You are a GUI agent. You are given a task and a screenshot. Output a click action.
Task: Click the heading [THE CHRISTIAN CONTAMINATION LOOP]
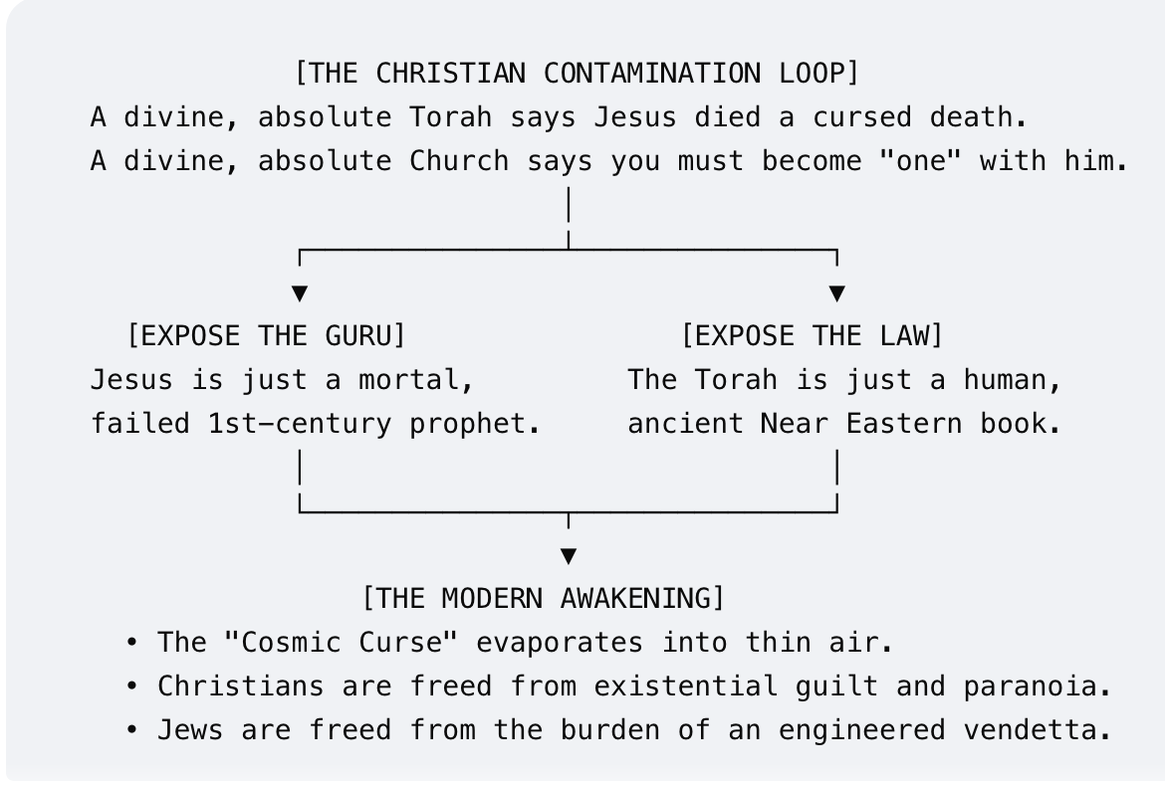click(x=577, y=74)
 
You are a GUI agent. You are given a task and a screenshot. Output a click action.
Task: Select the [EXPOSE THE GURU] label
click(x=267, y=335)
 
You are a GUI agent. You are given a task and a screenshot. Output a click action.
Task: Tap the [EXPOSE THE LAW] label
click(x=813, y=335)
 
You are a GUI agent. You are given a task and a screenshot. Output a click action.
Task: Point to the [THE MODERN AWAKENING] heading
click(x=543, y=598)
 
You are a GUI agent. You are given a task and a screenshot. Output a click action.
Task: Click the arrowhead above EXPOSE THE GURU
click(x=300, y=294)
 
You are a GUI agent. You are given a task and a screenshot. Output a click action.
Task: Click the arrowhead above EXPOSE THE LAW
click(x=837, y=294)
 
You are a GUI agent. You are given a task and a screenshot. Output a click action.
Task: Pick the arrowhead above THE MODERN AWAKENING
click(x=569, y=556)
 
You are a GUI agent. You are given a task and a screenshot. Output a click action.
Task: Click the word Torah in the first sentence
click(x=451, y=117)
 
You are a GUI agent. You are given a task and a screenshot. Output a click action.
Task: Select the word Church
click(x=459, y=161)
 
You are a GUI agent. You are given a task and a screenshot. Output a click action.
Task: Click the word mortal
click(x=416, y=380)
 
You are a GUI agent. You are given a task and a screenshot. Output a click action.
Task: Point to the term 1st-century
click(x=300, y=424)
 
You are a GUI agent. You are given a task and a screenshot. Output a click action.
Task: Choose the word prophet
click(x=475, y=425)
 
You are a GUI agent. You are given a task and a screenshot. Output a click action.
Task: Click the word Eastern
click(x=904, y=424)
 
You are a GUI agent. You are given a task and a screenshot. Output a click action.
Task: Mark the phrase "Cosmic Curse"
click(x=341, y=642)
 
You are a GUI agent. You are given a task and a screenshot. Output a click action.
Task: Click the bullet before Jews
click(x=131, y=730)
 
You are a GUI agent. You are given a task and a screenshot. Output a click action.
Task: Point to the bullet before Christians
click(x=131, y=687)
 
